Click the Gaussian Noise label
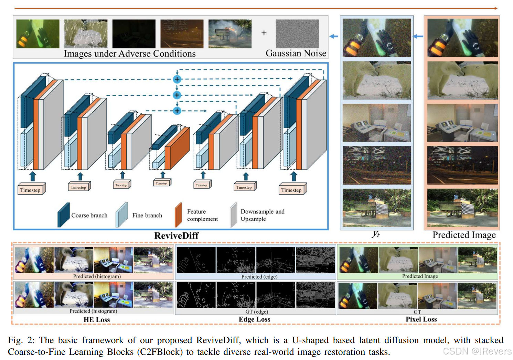tap(296, 53)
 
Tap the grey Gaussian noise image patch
tap(297, 34)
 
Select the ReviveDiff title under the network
tap(176, 236)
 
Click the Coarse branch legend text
tap(89, 215)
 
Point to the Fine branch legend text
tap(147, 215)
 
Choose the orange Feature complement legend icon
tap(178, 215)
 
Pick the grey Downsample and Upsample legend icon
tap(234, 215)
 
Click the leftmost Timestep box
tap(31, 190)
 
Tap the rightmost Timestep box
tap(292, 190)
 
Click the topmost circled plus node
tap(177, 79)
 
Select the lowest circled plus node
tap(177, 111)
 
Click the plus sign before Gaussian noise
tap(264, 33)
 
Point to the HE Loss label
tap(97, 319)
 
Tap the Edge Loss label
tap(255, 319)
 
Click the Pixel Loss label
tap(421, 319)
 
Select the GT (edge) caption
tap(257, 312)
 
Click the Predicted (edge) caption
tap(259, 276)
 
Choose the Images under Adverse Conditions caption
tap(130, 54)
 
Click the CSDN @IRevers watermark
tap(477, 351)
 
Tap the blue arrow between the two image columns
tap(418, 36)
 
